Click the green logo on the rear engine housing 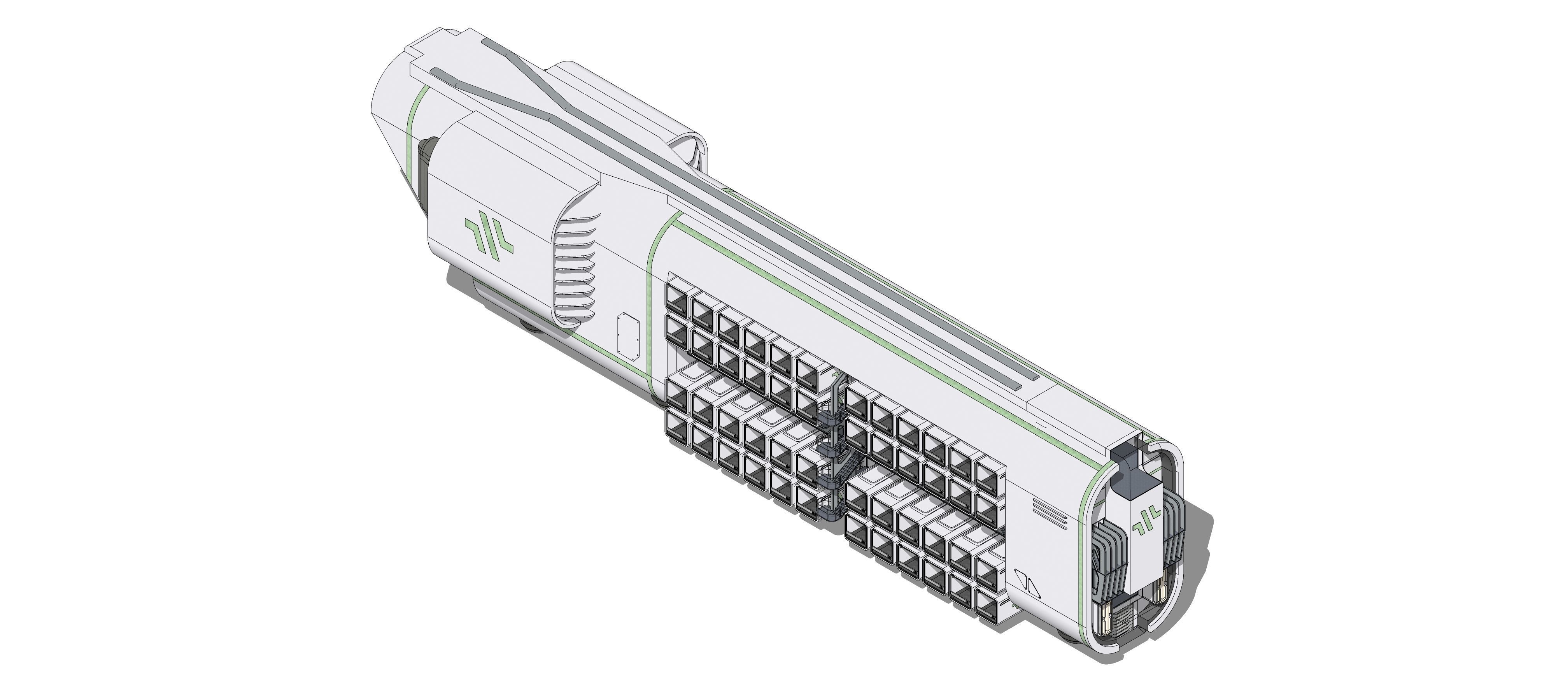click(489, 242)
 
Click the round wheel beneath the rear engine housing click(531, 326)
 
